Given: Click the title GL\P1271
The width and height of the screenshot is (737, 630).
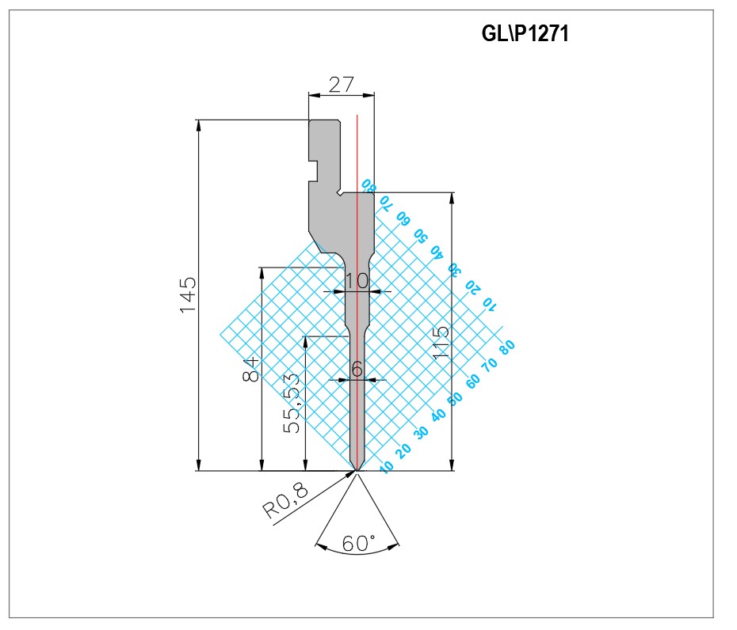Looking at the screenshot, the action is click(525, 33).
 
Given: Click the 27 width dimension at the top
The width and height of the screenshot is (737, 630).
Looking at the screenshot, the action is click(341, 85).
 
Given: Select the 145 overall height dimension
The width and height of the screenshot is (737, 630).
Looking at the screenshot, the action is click(188, 294).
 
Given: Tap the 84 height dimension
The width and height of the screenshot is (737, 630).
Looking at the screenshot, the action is click(250, 369).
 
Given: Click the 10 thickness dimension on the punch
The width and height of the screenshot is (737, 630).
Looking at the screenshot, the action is click(357, 281).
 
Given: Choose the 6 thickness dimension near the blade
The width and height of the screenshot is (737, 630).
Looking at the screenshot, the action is click(357, 369).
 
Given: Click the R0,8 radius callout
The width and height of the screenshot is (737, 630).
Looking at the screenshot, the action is click(285, 500).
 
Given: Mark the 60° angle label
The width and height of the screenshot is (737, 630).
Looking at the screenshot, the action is click(359, 543).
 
